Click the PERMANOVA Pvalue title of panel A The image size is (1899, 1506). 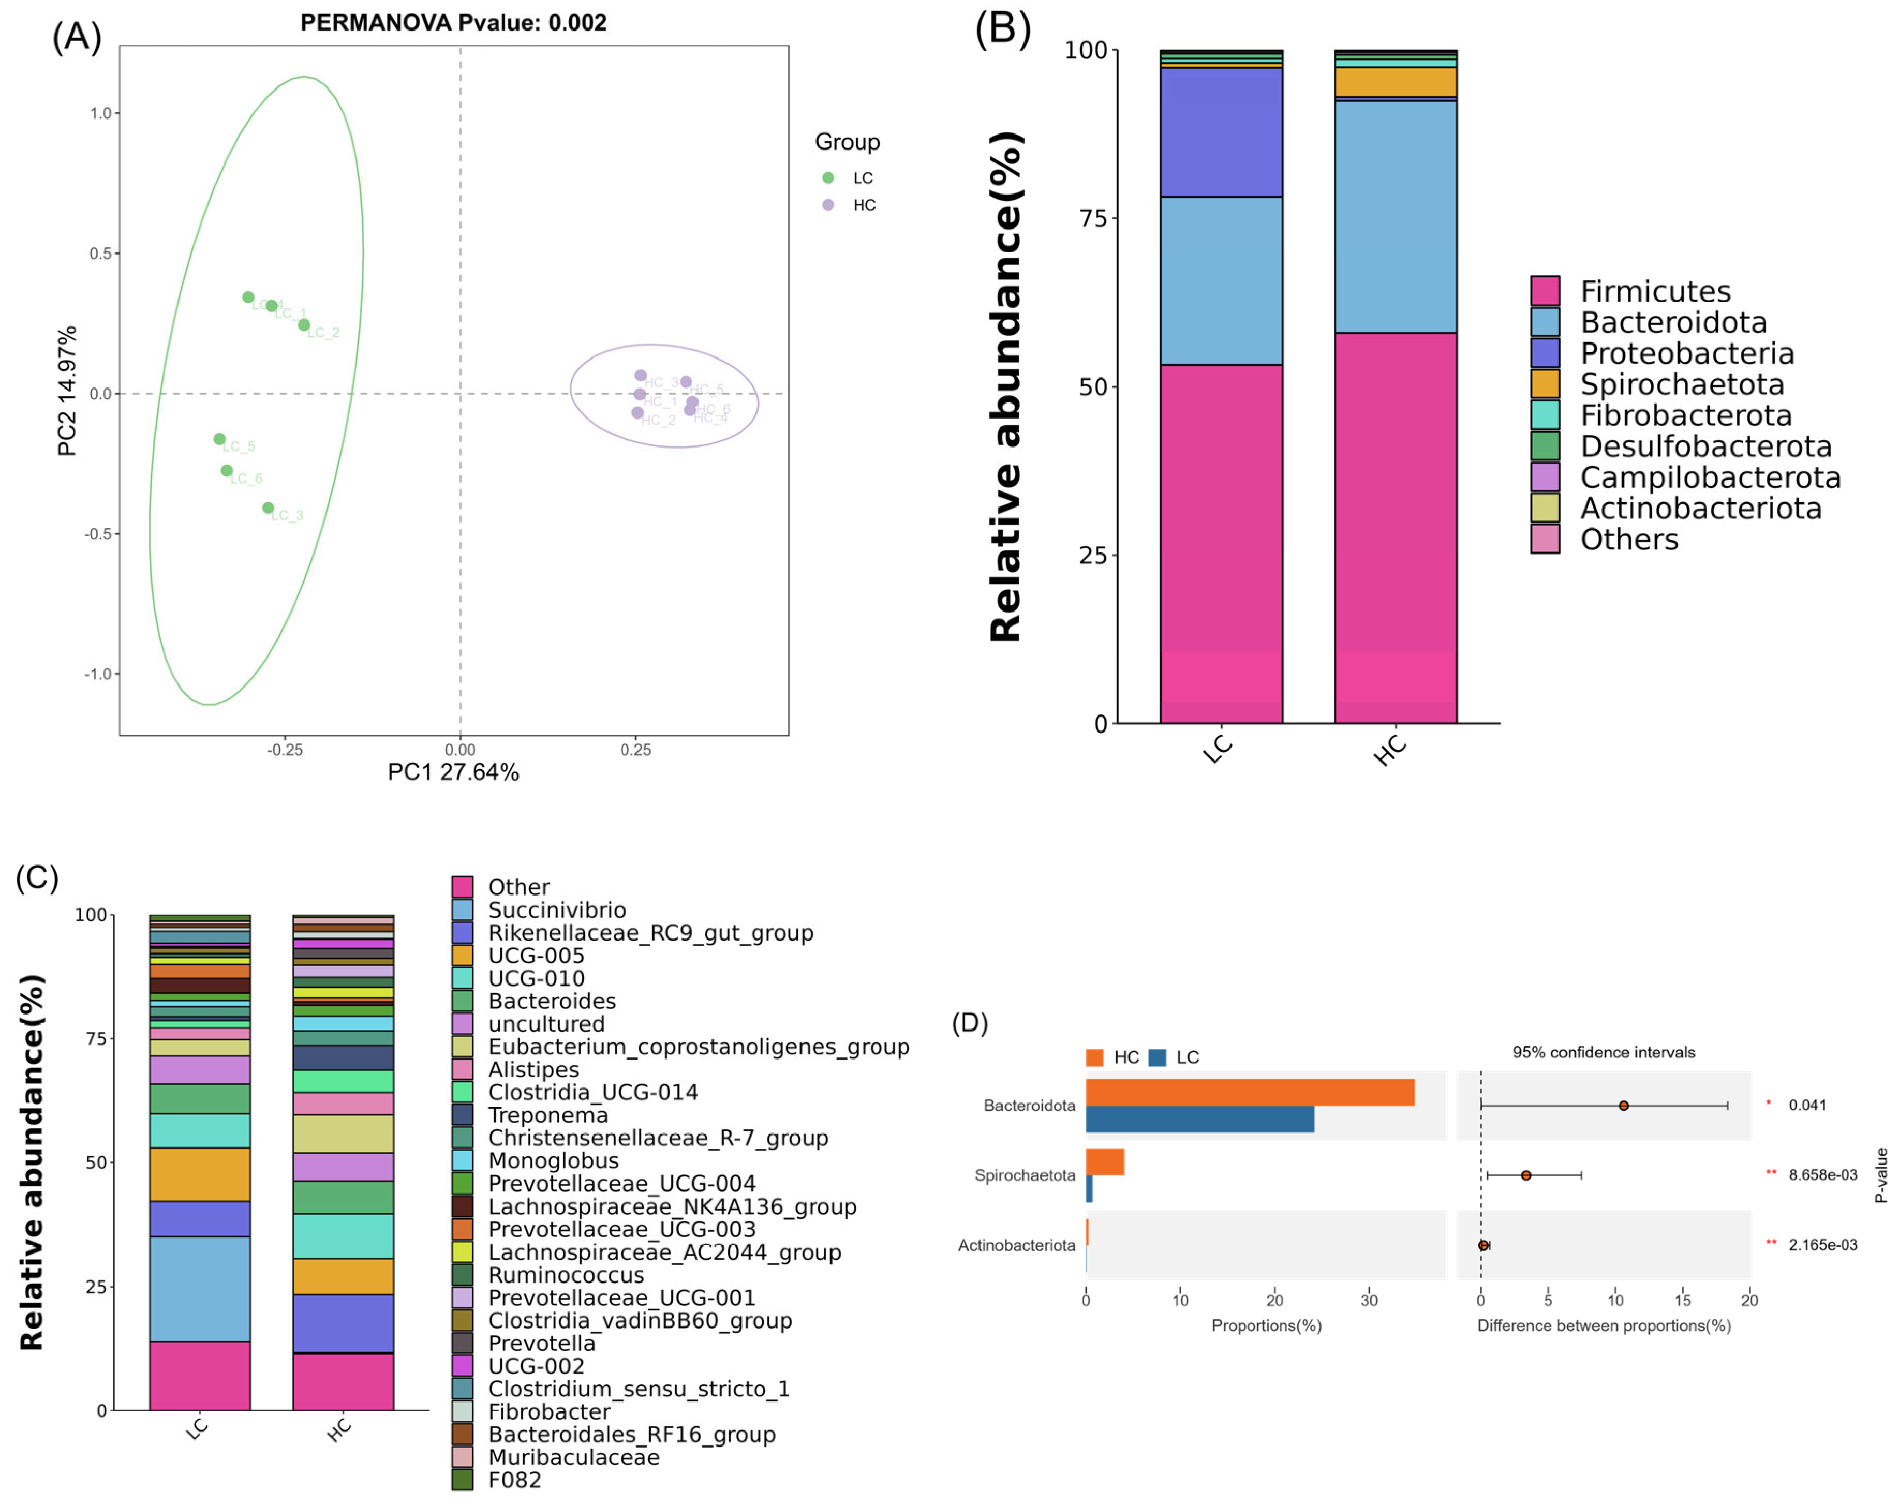tap(454, 23)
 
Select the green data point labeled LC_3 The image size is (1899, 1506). tap(268, 508)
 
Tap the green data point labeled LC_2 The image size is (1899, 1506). tap(304, 325)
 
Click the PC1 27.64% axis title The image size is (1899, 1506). tap(454, 772)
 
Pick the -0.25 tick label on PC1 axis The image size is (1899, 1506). tap(285, 750)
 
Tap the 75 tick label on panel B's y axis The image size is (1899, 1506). tap(1093, 218)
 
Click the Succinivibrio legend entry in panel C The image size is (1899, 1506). tap(557, 910)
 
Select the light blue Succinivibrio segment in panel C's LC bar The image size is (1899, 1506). tap(200, 1289)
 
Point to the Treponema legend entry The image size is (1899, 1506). tap(548, 1115)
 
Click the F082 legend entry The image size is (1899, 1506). tap(514, 1480)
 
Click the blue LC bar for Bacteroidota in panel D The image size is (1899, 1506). tap(1199, 1120)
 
